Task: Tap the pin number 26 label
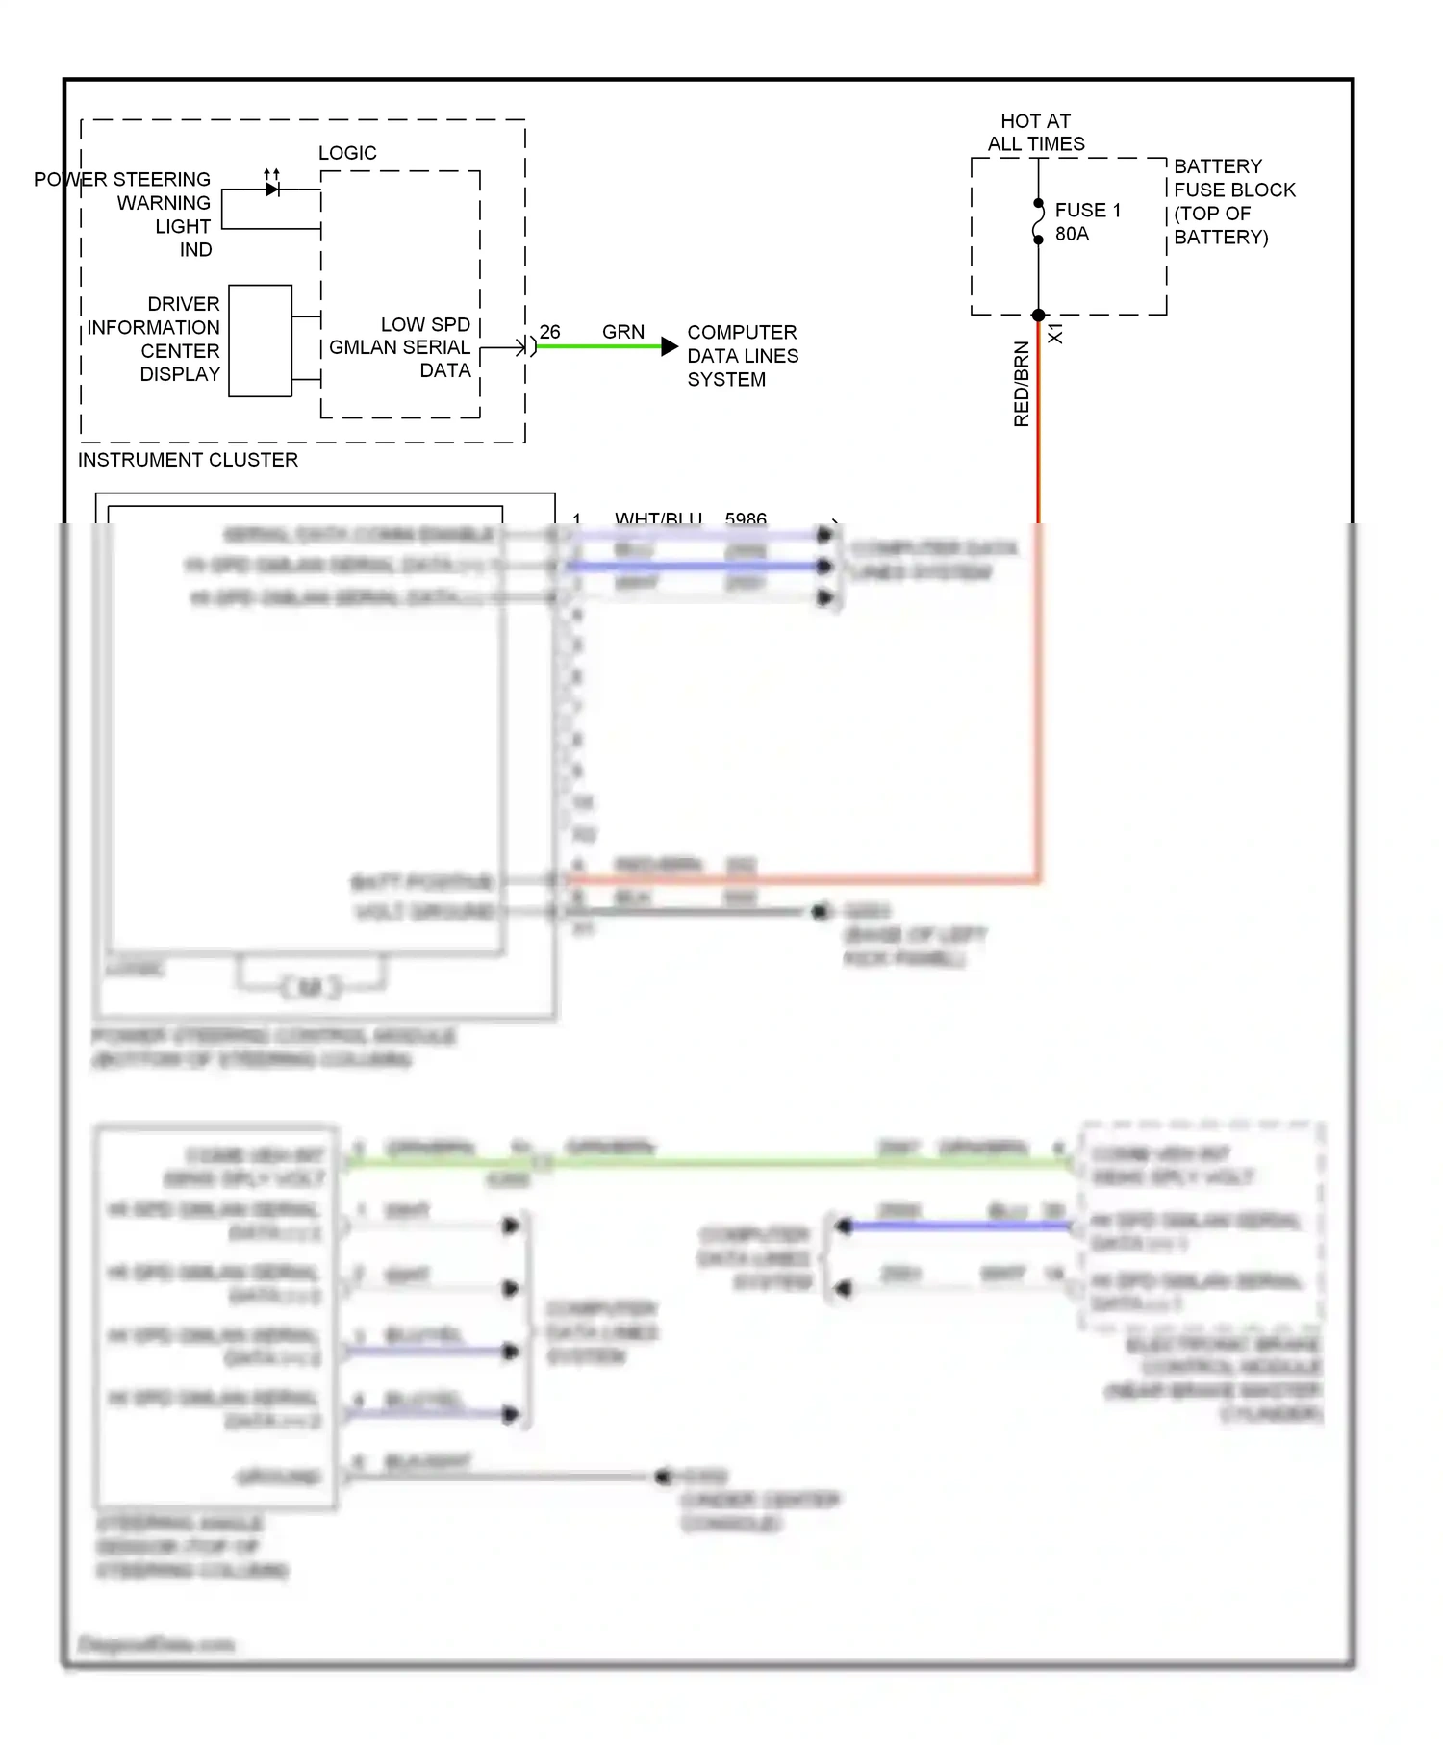coord(549,332)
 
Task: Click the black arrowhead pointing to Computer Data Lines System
coord(670,346)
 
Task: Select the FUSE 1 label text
coord(1087,210)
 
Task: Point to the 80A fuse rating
coord(1072,234)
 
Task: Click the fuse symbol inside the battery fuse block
coord(1038,222)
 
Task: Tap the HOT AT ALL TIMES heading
coord(1035,133)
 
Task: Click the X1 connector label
coord(1055,334)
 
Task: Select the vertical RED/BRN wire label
coord(1021,384)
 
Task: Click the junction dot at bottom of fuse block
coord(1038,316)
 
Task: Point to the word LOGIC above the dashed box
coord(347,153)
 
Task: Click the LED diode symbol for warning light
coord(272,189)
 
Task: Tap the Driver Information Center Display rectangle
coord(260,341)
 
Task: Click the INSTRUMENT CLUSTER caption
coord(188,460)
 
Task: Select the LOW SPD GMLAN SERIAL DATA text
coord(400,347)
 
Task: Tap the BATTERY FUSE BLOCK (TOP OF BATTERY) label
coord(1233,202)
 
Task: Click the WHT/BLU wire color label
coord(658,518)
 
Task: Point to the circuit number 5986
coord(746,518)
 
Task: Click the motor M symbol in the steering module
coord(310,987)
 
